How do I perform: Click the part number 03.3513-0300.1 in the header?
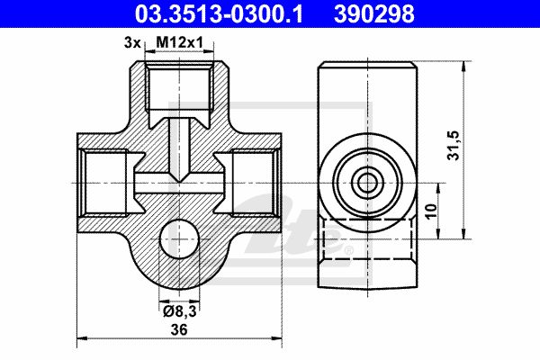pos(219,14)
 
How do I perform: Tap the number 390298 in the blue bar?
pos(374,14)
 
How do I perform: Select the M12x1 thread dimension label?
pos(180,42)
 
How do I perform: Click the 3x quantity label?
pos(132,42)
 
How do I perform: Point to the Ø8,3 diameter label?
pos(179,311)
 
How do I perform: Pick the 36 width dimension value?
pos(179,329)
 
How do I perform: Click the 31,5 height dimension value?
pos(454,146)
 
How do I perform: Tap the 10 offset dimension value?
pos(431,211)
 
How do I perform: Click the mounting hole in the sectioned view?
pos(179,238)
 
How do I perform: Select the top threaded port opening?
pos(179,86)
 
